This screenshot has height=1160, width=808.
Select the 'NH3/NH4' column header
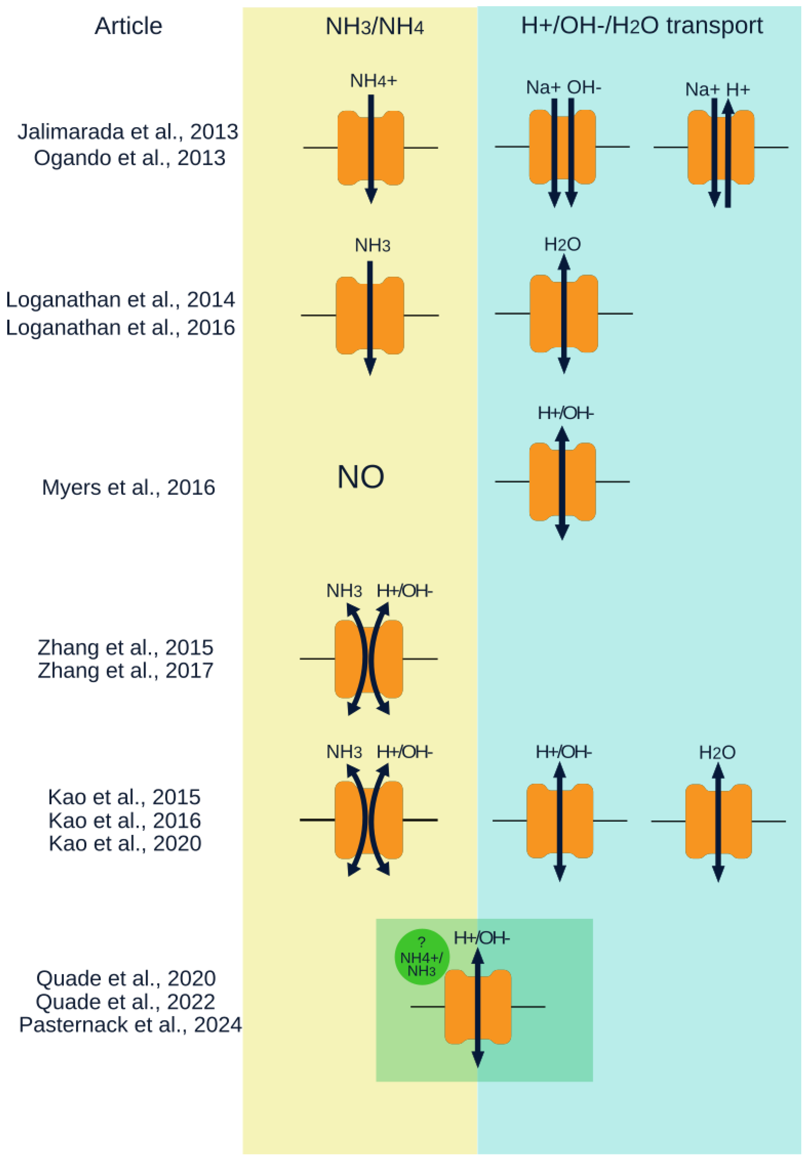click(374, 26)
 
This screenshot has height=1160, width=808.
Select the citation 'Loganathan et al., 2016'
click(120, 327)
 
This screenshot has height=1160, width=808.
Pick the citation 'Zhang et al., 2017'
click(125, 670)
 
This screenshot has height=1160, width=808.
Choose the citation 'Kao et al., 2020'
click(125, 843)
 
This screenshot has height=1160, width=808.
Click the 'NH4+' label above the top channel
click(373, 81)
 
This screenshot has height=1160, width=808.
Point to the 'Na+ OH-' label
click(563, 87)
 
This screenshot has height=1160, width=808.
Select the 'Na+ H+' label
click(717, 89)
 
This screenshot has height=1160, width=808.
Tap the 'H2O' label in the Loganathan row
click(562, 245)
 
